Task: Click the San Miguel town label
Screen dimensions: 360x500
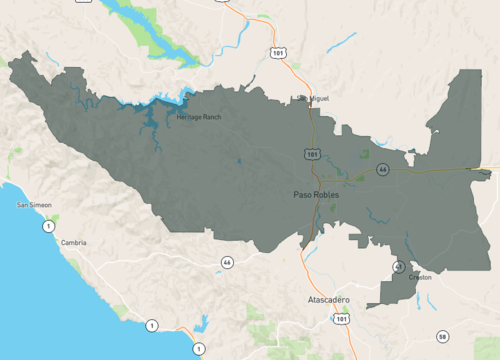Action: coord(311,98)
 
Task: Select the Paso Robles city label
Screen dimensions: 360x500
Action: coord(316,194)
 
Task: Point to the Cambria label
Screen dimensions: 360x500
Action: coord(73,243)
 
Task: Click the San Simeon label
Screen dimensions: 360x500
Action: coord(34,205)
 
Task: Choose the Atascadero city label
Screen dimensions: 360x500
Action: coord(323,299)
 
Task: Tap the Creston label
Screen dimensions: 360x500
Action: coord(420,277)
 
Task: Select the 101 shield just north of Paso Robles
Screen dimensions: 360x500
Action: coord(314,155)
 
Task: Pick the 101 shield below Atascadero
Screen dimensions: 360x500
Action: coord(343,320)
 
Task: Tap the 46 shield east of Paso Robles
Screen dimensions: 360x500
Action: coord(383,170)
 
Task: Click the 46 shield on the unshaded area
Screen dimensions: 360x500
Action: coord(228,262)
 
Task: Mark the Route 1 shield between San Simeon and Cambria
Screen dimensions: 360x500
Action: coord(47,227)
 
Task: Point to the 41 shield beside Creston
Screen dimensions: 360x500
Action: coord(399,267)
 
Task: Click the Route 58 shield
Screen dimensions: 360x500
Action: coord(443,336)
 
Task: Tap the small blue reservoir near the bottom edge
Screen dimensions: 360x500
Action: coord(203,323)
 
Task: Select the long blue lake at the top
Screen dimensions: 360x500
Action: coord(150,30)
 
